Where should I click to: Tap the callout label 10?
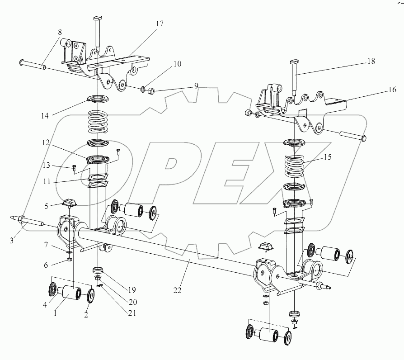[x=177, y=64]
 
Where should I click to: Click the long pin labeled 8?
[x=33, y=64]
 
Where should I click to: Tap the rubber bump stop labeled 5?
[x=70, y=204]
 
